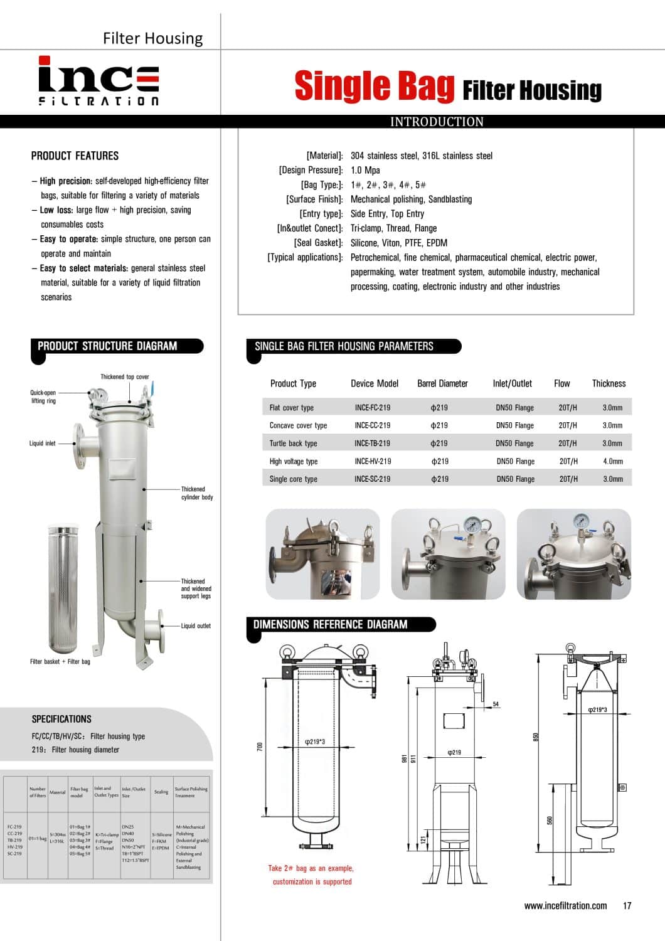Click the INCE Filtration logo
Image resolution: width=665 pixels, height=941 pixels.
click(x=98, y=81)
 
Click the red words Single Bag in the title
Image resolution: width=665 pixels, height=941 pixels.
click(x=374, y=86)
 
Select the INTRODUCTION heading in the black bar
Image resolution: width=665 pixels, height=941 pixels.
click(x=437, y=122)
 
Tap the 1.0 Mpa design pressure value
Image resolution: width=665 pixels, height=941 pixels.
click(x=365, y=170)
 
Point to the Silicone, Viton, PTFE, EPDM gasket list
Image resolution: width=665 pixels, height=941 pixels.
click(x=398, y=243)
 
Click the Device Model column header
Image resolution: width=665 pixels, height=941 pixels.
click(x=375, y=383)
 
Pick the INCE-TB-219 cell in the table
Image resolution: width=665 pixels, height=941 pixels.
click(x=372, y=443)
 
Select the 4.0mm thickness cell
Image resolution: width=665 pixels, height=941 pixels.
click(x=612, y=461)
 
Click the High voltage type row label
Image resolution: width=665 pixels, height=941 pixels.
click(x=293, y=461)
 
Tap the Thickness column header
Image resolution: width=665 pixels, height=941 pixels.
click(x=609, y=383)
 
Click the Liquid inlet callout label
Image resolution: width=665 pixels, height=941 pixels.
click(x=42, y=443)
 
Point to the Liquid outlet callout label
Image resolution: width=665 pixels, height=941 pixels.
click(x=196, y=625)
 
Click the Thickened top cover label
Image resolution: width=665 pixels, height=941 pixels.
click(x=125, y=377)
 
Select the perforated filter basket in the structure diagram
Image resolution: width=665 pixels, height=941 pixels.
click(x=62, y=590)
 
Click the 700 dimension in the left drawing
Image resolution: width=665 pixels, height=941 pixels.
click(x=260, y=746)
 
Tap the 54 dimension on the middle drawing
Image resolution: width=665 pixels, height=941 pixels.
click(x=496, y=704)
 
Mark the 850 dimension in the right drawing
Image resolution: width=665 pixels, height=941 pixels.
click(x=536, y=736)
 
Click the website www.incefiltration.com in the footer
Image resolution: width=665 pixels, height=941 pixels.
click(x=565, y=905)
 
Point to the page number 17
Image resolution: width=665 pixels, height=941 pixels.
click(x=627, y=905)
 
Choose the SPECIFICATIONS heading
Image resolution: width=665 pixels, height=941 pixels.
click(x=61, y=719)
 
